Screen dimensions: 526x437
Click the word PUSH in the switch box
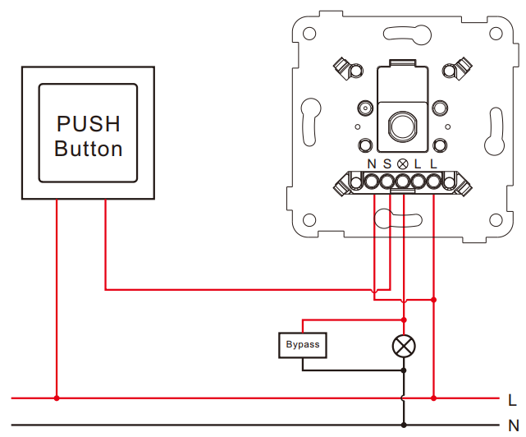pyautogui.click(x=89, y=124)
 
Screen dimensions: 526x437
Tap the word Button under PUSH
pyautogui.click(x=89, y=149)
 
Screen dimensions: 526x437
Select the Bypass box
pyautogui.click(x=303, y=345)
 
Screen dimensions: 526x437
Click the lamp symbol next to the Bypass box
pyautogui.click(x=404, y=346)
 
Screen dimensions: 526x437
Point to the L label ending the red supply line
pyautogui.click(x=512, y=400)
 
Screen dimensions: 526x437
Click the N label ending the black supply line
pyautogui.click(x=514, y=425)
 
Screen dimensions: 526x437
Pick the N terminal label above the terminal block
pyautogui.click(x=372, y=164)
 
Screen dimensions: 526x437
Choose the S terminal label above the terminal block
pyautogui.click(x=387, y=164)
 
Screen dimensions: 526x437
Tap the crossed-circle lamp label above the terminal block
pyautogui.click(x=402, y=164)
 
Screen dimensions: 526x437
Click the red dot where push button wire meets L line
pyautogui.click(x=57, y=398)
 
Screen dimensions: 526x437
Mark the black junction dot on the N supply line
pyautogui.click(x=404, y=425)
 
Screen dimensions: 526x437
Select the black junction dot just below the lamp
pyautogui.click(x=404, y=370)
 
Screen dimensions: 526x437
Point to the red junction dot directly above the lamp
pyautogui.click(x=404, y=320)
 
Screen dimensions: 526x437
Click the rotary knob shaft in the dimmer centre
pyautogui.click(x=402, y=126)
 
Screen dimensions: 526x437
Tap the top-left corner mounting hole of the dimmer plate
pyautogui.click(x=309, y=34)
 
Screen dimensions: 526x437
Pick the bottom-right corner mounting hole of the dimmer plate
pyautogui.click(x=496, y=220)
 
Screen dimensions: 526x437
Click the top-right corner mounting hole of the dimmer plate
pyautogui.click(x=496, y=34)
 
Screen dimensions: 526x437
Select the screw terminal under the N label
pyautogui.click(x=372, y=182)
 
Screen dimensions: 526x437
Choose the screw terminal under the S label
pyautogui.click(x=386, y=182)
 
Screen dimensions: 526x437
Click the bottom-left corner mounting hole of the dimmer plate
pyautogui.click(x=309, y=220)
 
